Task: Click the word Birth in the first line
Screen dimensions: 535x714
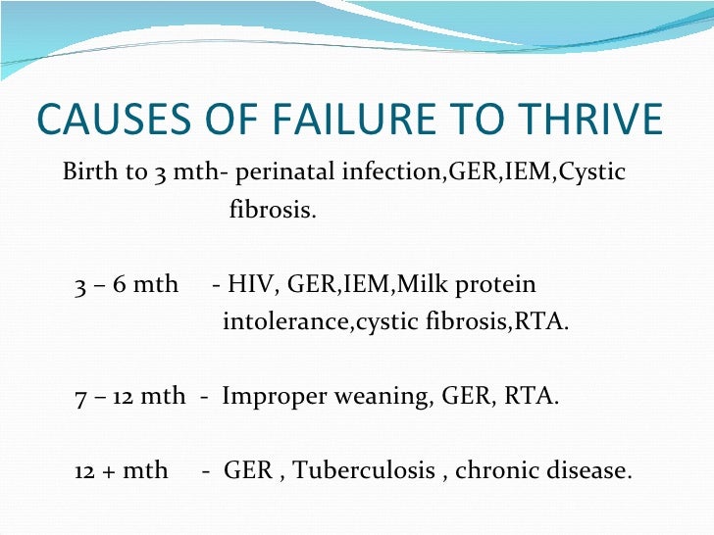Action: [x=89, y=173]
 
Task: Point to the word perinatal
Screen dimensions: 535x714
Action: [x=286, y=173]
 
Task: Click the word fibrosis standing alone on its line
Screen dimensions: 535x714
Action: [x=272, y=211]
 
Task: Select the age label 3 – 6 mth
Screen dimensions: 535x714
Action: [x=127, y=285]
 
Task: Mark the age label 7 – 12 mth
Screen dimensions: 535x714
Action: [x=129, y=397]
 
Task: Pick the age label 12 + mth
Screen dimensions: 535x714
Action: [x=121, y=471]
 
